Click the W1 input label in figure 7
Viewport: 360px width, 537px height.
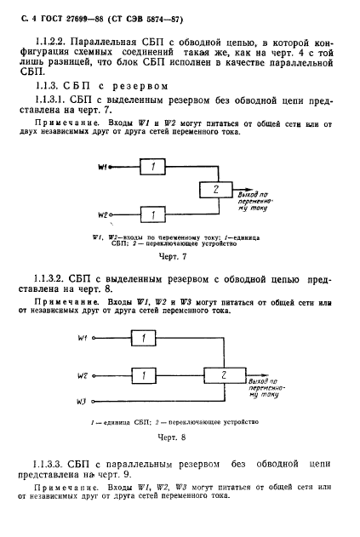103,167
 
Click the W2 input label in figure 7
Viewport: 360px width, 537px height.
103,215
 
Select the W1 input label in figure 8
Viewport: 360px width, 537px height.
82,339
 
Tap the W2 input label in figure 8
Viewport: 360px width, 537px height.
82,374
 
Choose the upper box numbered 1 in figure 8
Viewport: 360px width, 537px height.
146,339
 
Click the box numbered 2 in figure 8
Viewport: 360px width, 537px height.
222,374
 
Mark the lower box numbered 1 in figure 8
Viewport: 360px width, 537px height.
146,374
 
